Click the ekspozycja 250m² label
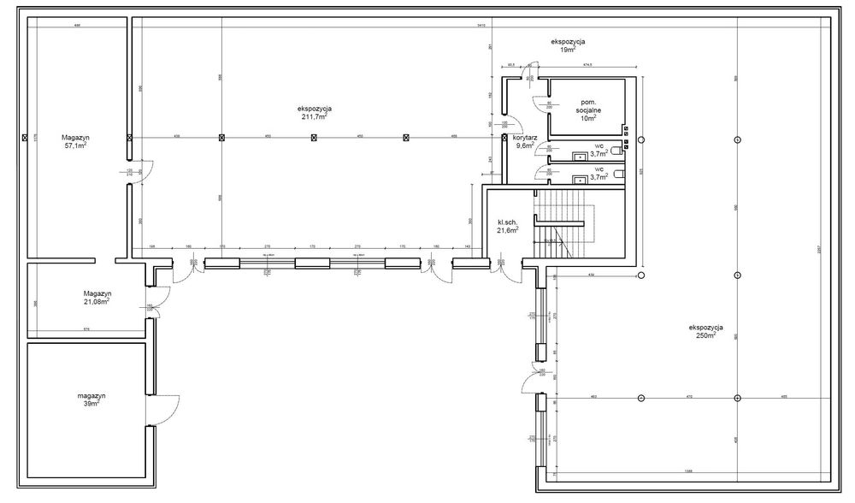706,331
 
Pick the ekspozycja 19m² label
567,46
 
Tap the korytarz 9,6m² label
525,141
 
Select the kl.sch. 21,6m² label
509,225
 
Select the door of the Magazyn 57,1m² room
141,171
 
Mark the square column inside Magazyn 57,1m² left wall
25,137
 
